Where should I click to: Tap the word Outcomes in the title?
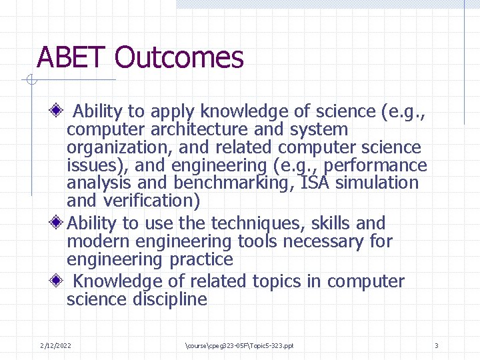179,58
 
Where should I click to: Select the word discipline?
166,299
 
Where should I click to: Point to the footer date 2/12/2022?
57,345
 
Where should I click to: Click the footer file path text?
241,345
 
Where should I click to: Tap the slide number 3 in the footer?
436,345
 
